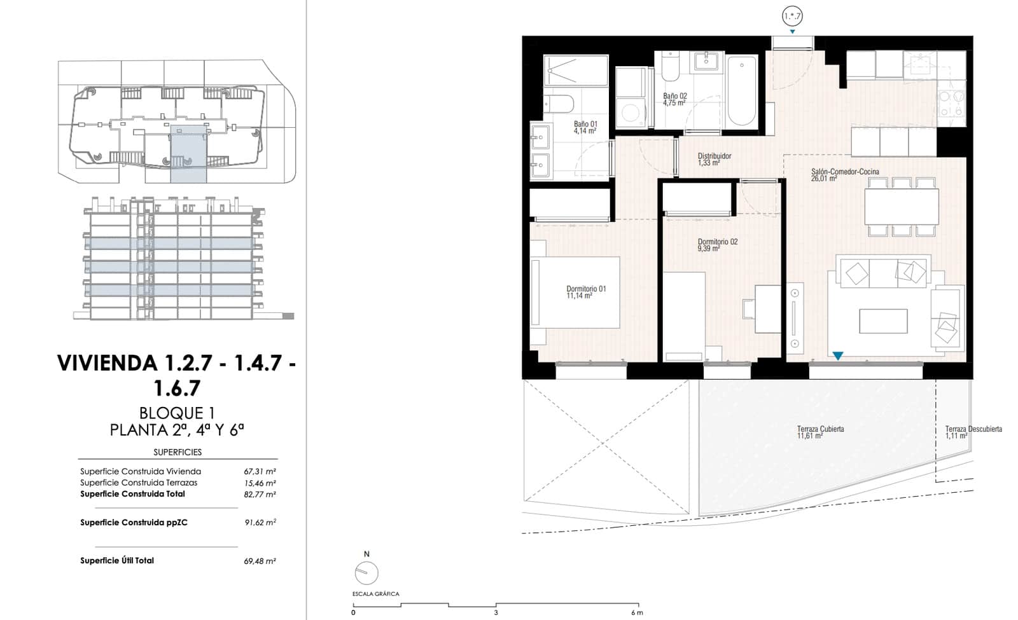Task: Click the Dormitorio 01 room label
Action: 586,289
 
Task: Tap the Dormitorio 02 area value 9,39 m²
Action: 708,249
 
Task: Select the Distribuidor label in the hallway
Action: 714,156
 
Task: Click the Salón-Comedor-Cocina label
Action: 844,172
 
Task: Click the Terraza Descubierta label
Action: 973,429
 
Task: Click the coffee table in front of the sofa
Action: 882,321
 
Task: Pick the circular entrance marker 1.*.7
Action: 792,16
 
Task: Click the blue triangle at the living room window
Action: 838,356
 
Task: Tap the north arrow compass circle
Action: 366,573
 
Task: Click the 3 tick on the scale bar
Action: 496,613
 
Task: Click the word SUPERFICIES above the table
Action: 178,452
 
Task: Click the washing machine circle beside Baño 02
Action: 631,113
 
